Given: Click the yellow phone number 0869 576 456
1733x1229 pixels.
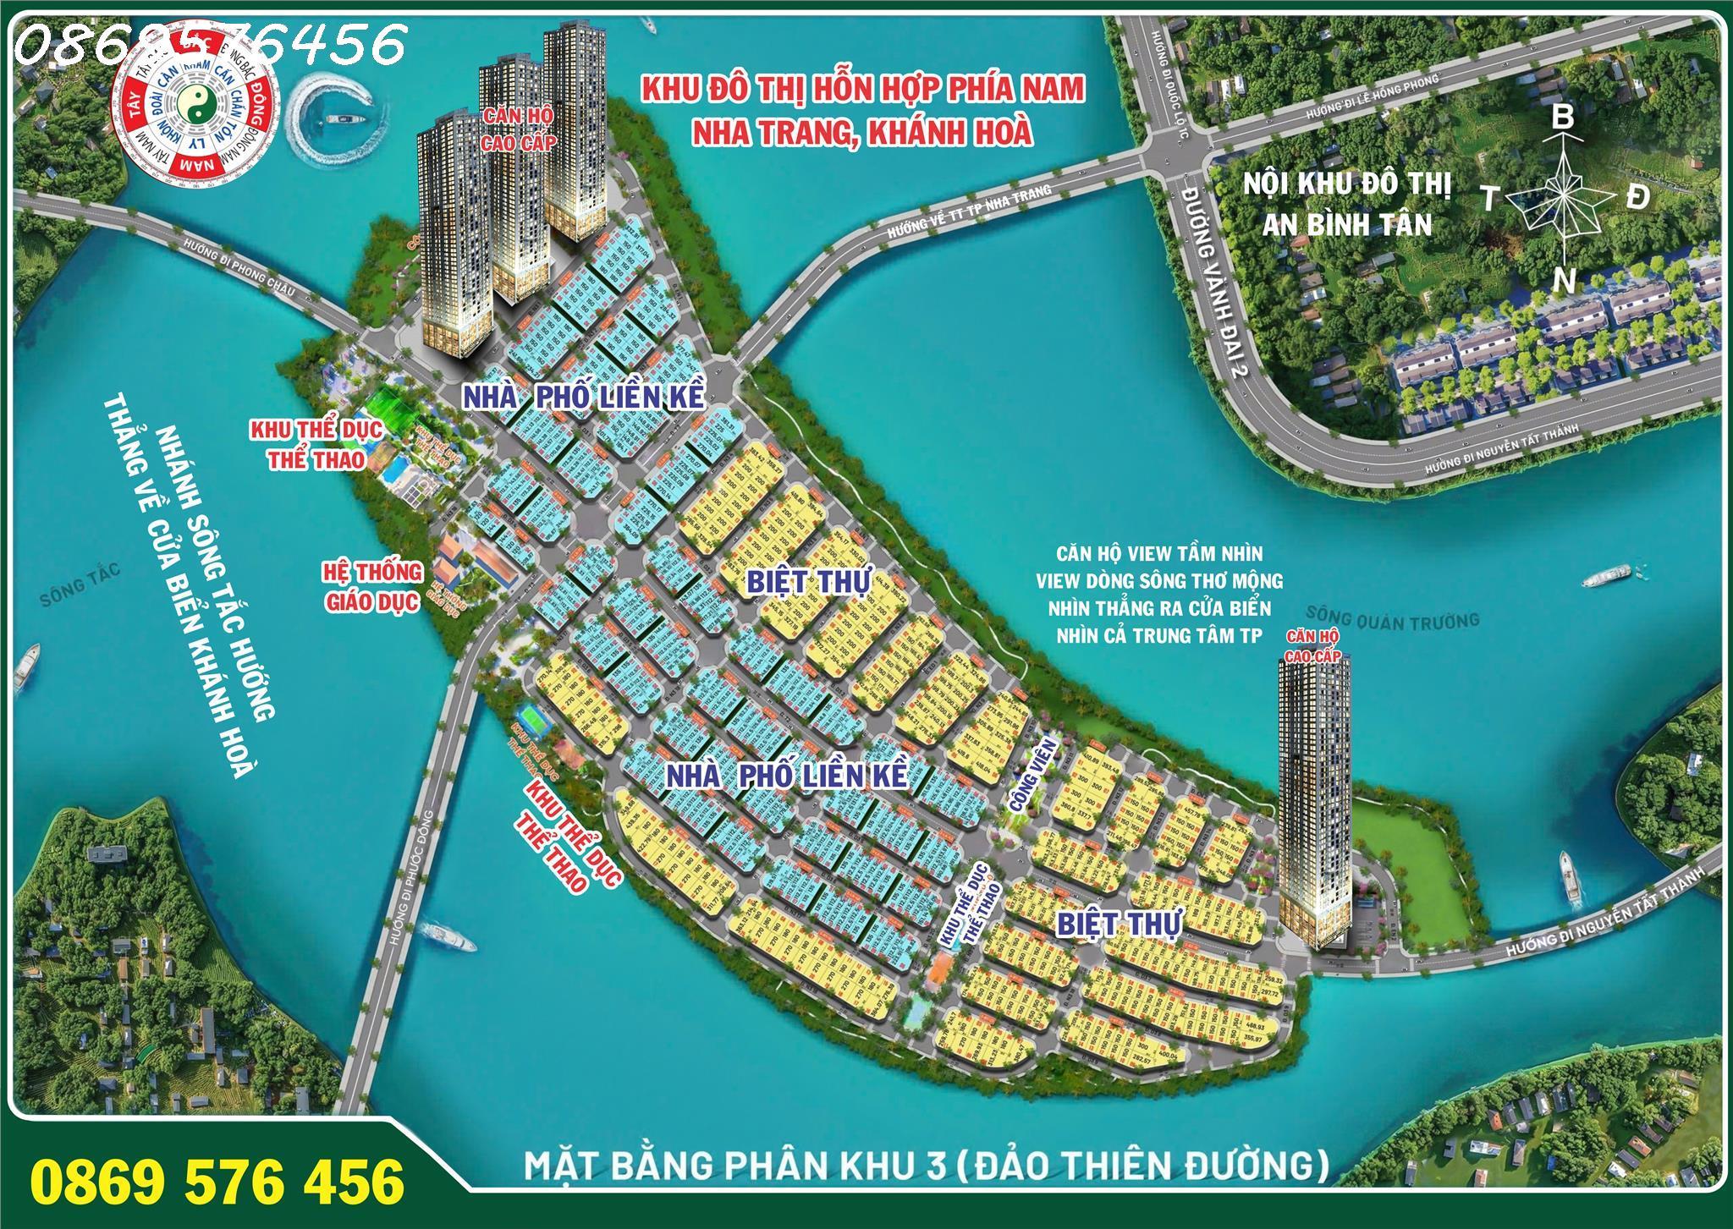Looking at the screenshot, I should [x=217, y=1180].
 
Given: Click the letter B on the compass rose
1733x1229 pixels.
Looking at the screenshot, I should [x=1562, y=118].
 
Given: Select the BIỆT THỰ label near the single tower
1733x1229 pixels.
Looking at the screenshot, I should [x=1119, y=924].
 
